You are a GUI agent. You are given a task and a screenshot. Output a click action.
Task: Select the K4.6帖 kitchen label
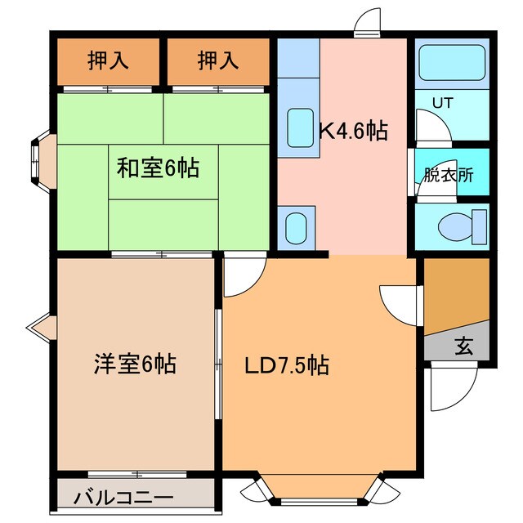353,131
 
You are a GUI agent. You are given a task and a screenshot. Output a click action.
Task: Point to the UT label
442,103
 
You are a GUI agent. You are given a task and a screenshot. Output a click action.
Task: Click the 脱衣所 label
448,175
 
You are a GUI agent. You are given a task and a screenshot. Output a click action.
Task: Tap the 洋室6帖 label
133,364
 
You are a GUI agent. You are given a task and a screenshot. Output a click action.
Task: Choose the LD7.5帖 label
288,365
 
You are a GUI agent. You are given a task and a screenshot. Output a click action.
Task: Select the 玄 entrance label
463,346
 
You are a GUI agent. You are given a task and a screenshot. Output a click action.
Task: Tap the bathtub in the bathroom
451,62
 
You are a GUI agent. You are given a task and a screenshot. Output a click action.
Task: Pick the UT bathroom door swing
428,128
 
